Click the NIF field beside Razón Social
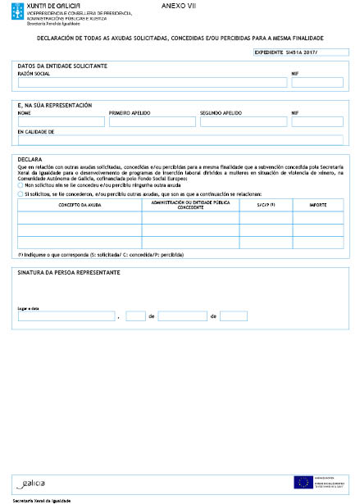point(317,83)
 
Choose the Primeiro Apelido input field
point(152,121)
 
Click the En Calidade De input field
point(180,140)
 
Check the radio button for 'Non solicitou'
point(21,185)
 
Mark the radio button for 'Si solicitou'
point(21,194)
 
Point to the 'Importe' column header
point(317,205)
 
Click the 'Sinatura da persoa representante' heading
point(69,271)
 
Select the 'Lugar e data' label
point(29,308)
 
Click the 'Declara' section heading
point(30,160)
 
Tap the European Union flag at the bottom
point(302,482)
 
